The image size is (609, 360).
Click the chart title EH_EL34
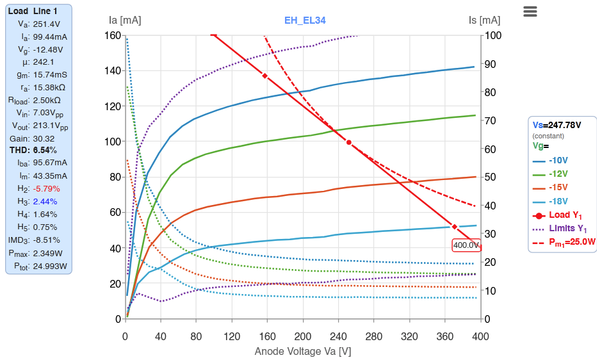click(305, 20)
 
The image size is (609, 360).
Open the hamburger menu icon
click(530, 12)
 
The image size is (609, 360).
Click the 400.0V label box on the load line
click(466, 245)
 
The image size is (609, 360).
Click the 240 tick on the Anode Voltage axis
click(338, 336)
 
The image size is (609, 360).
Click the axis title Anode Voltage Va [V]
click(303, 351)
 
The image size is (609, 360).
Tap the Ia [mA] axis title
click(126, 20)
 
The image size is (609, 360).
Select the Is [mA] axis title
click(485, 20)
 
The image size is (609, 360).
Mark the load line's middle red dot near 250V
click(349, 142)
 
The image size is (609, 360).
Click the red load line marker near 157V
click(264, 76)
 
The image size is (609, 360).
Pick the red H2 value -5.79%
click(47, 189)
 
